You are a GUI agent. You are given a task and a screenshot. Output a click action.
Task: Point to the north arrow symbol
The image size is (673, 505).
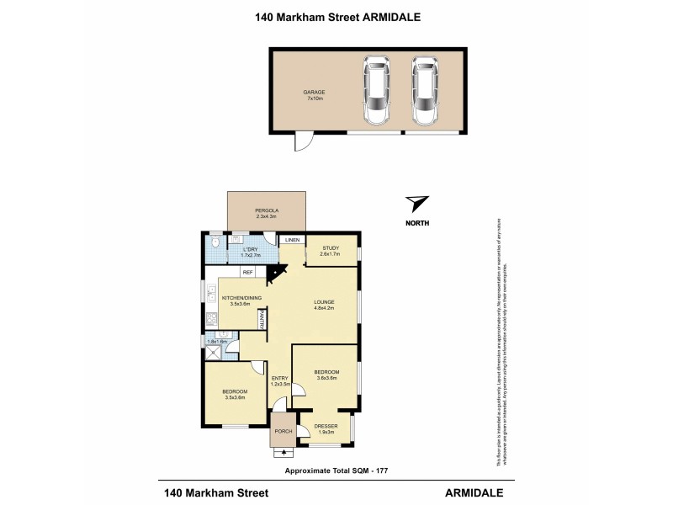pyautogui.click(x=416, y=204)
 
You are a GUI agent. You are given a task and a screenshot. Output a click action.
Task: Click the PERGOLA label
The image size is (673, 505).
pyautogui.click(x=267, y=212)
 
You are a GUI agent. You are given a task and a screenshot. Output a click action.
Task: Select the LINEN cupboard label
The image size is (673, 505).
pyautogui.click(x=292, y=241)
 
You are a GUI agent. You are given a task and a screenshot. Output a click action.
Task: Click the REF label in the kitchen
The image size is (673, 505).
pyautogui.click(x=248, y=272)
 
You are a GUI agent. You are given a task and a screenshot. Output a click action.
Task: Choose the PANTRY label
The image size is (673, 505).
pyautogui.click(x=262, y=319)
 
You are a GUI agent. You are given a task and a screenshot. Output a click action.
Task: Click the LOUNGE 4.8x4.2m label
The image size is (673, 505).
pyautogui.click(x=325, y=305)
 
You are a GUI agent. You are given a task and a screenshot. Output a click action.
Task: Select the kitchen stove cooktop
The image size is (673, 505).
pyautogui.click(x=210, y=321)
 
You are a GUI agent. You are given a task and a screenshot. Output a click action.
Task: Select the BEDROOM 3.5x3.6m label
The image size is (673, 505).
pyautogui.click(x=235, y=394)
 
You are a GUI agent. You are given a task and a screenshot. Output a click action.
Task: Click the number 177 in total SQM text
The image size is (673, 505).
pyautogui.click(x=379, y=470)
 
